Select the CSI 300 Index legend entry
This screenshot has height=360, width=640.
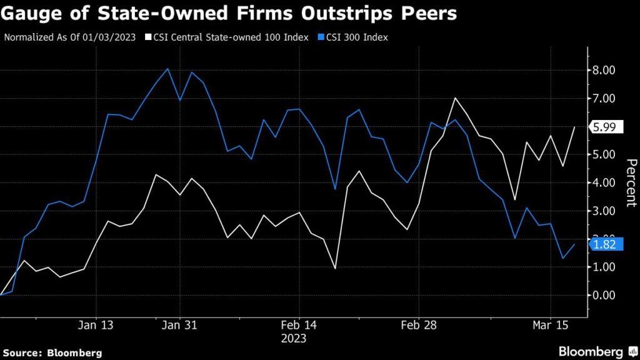[357, 37]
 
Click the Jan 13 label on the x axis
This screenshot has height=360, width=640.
[96, 325]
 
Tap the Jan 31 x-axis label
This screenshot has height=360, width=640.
[180, 325]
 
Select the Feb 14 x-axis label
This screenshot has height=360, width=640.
[300, 325]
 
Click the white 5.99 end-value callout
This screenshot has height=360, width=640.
[605, 127]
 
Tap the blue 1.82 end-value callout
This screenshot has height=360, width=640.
[605, 244]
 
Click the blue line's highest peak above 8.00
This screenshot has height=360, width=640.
[167, 69]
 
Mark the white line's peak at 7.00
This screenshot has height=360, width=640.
[455, 98]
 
